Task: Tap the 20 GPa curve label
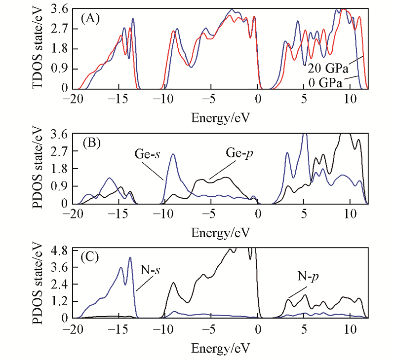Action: tap(328, 67)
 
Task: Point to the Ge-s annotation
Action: tap(149, 153)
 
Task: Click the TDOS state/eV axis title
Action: tap(40, 48)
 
